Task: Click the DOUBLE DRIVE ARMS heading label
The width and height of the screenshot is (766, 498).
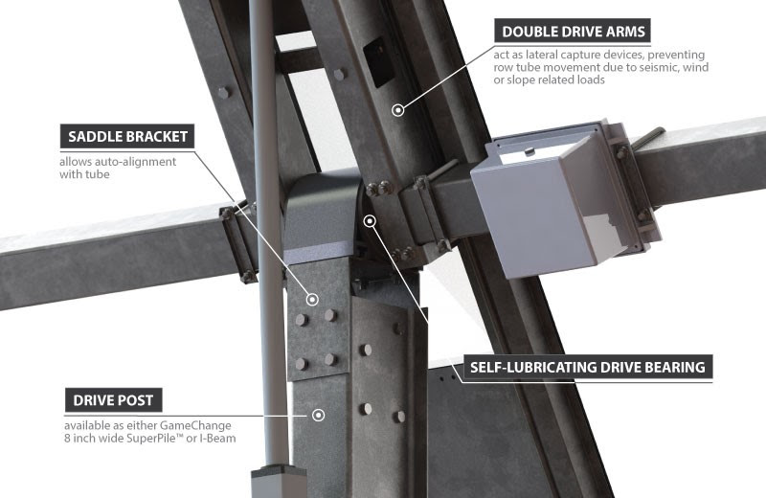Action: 573,32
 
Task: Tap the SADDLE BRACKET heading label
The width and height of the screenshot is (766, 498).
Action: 127,136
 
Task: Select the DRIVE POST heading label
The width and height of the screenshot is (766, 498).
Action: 113,400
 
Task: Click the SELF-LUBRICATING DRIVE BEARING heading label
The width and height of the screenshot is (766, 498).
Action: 587,367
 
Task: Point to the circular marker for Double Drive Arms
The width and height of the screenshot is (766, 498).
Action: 398,110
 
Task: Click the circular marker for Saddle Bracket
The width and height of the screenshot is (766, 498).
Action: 312,300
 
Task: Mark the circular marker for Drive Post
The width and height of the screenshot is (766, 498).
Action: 319,415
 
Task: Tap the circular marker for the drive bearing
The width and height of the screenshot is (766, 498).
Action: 371,221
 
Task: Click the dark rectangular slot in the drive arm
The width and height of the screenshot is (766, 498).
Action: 378,62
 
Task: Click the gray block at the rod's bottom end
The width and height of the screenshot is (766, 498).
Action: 279,481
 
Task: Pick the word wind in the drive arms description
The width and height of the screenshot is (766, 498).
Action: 696,67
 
